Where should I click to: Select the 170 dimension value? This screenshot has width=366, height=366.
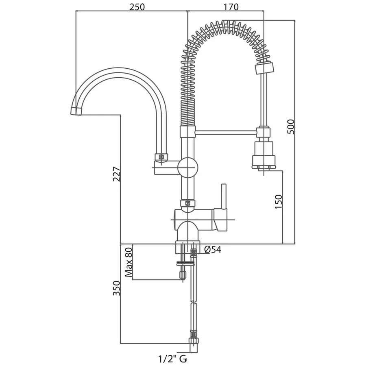click(230, 7)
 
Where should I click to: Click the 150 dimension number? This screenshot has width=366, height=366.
click(278, 202)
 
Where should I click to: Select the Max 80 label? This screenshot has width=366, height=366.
click(129, 262)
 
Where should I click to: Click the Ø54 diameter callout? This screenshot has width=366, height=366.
click(212, 249)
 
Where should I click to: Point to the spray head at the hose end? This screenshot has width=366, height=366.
click(264, 155)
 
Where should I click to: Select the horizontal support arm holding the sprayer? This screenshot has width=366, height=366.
click(227, 131)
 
